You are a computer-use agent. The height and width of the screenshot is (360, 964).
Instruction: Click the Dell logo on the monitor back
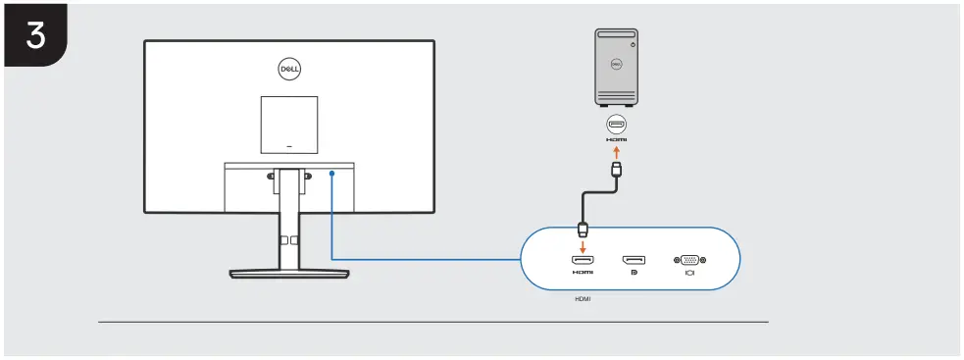[x=288, y=70]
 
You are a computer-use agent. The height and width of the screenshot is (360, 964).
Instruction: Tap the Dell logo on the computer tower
[x=617, y=65]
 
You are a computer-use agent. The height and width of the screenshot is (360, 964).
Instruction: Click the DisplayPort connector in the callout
[x=634, y=260]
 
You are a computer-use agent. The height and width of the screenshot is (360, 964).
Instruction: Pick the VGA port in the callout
[x=689, y=260]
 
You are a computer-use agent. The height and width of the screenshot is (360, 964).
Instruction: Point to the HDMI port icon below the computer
[x=616, y=125]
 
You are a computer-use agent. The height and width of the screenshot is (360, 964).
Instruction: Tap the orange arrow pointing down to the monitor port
[x=583, y=244]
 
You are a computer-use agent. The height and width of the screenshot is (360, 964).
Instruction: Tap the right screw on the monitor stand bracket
[x=309, y=177]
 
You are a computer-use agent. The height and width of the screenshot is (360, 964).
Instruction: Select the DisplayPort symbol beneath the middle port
[x=634, y=275]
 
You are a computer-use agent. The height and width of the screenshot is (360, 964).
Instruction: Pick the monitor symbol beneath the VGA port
[x=689, y=275]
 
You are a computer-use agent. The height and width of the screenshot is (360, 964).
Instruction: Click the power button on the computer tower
[x=634, y=43]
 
